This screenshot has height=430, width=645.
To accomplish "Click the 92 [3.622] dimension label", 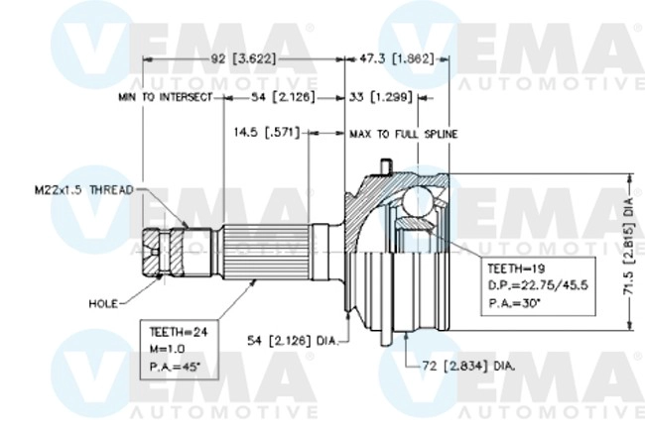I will pos(244,58).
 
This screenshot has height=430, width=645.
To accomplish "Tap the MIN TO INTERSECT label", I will pos(165,98).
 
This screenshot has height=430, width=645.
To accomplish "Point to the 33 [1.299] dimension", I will pos(383,98).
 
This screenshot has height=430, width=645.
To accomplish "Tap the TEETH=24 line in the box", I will pos(175,334).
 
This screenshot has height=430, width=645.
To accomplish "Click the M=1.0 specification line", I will pos(168,350).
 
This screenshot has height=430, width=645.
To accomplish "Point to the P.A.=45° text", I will pos(174,367).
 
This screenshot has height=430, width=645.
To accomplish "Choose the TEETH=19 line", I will pos(515,268).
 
